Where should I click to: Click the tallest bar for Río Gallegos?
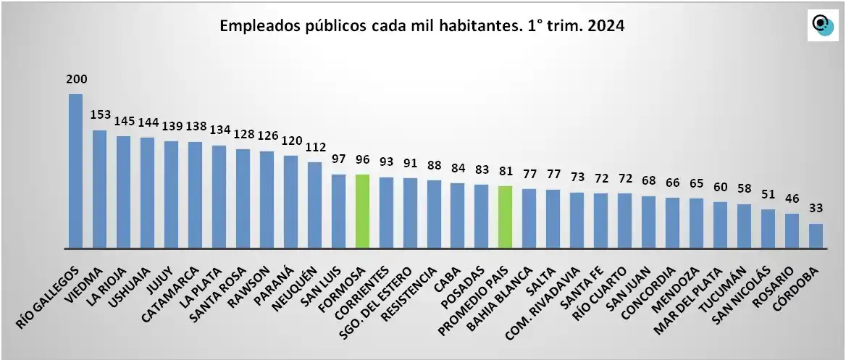tap(75, 171)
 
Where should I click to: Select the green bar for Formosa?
tap(362, 211)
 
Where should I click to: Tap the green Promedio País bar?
tap(506, 217)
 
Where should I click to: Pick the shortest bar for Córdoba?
tap(816, 235)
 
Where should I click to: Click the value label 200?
tap(75, 79)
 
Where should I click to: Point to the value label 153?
tap(99, 115)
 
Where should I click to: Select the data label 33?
tap(816, 209)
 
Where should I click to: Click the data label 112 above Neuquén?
tap(314, 147)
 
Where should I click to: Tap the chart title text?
tap(422, 26)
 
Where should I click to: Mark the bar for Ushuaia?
tap(147, 192)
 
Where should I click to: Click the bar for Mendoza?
tap(696, 223)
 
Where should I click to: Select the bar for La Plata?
tap(219, 196)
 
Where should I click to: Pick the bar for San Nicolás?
tap(768, 228)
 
